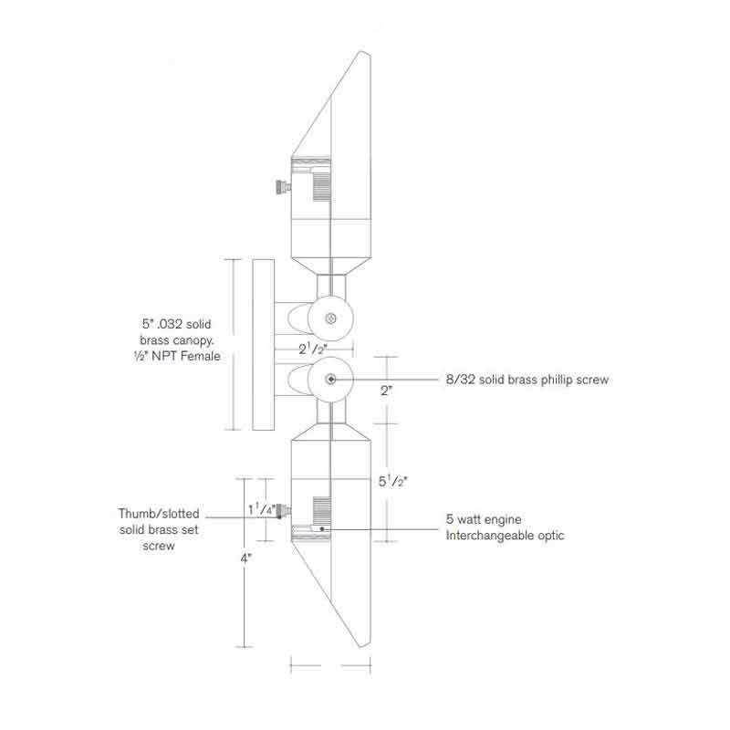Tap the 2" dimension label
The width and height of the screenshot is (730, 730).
(x=387, y=390)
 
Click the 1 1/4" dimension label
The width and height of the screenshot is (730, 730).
(x=262, y=509)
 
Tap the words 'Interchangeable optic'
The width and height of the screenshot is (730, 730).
(x=505, y=536)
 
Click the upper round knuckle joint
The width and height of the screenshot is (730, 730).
(x=329, y=318)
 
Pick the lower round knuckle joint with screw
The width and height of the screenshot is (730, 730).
(x=329, y=379)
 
